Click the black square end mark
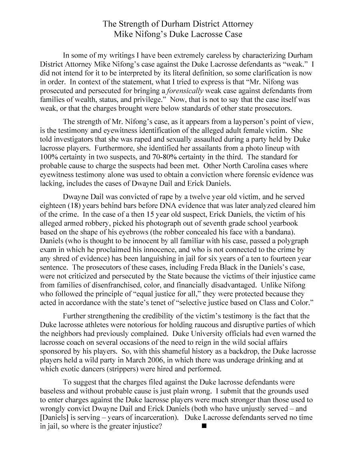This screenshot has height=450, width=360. pyautogui.click(x=204, y=427)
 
